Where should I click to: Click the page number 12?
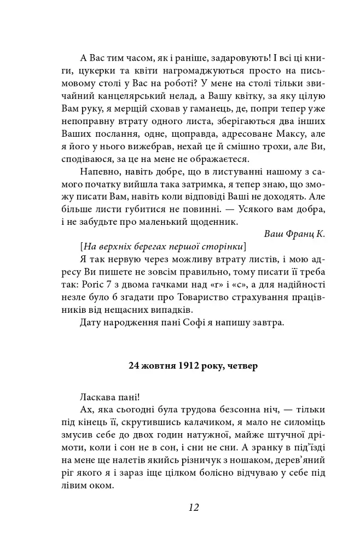193,507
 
